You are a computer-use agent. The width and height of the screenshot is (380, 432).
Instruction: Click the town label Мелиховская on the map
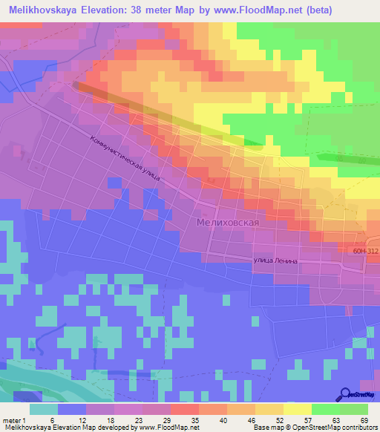point(228,223)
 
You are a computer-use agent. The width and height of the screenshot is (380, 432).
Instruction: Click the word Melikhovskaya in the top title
point(45,10)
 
